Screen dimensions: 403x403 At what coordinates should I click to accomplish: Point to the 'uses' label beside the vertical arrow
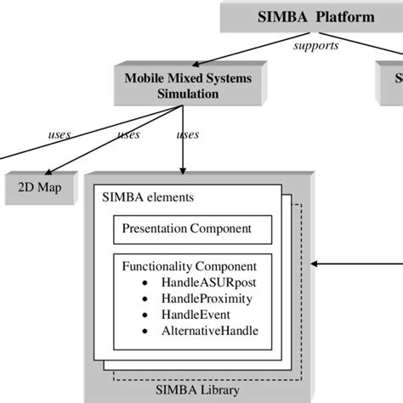[x=187, y=134]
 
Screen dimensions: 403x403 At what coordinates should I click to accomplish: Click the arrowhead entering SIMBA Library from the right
[x=317, y=264]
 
